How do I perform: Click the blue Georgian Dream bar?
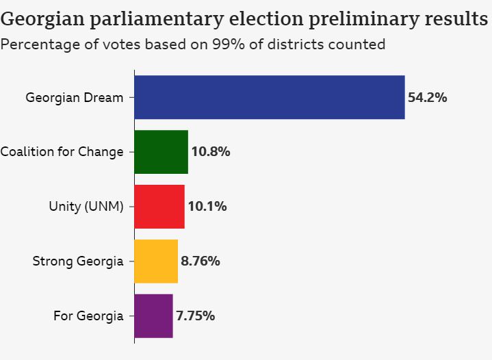pos(269,97)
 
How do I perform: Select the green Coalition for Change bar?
pos(161,152)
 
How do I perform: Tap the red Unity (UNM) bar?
pos(159,207)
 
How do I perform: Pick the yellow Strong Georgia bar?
pos(156,261)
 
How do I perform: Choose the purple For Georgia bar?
pos(153,316)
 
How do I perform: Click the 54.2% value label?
pos(428,97)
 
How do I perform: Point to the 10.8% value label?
pos(211,152)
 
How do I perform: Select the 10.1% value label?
pos(207,207)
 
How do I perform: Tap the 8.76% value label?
pos(200,261)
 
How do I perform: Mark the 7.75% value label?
pos(196,316)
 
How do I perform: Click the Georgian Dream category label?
pos(75,97)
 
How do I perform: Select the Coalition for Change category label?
pos(62,152)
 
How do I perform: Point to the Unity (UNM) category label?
pos(86,207)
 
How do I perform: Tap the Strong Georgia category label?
pos(78,261)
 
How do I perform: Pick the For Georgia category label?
pos(88,316)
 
